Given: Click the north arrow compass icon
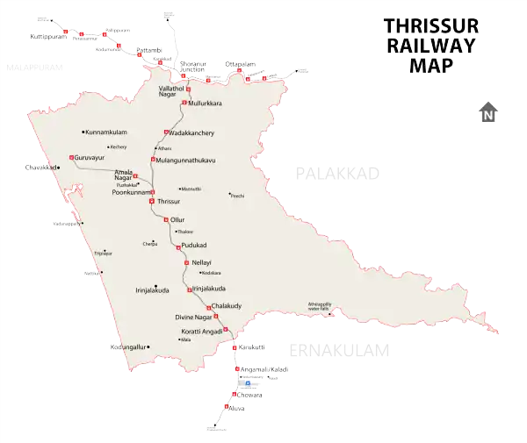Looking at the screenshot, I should [488, 113].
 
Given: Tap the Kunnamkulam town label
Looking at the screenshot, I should [110, 132].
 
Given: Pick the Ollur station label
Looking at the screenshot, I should [178, 218].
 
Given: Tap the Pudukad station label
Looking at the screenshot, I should [193, 246].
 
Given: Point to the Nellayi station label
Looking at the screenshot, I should [201, 262].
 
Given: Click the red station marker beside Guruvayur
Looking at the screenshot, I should [71, 157].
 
